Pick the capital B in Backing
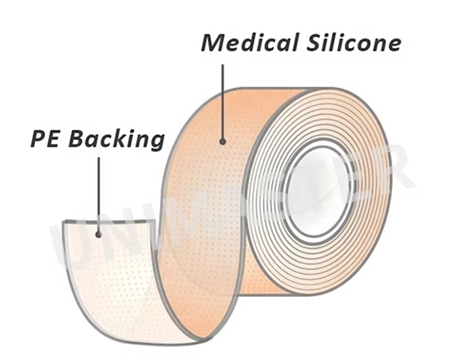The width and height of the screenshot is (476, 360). (80, 140)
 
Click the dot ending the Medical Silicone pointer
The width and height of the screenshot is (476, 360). (223, 140)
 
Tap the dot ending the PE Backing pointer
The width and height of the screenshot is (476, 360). (98, 234)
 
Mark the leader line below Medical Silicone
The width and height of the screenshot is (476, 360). (223, 99)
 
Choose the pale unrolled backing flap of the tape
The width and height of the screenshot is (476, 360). (114, 282)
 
